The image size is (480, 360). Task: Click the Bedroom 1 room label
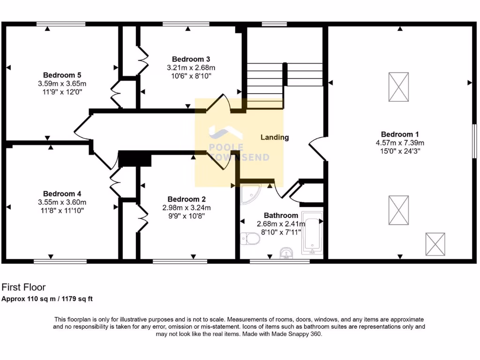click(400, 134)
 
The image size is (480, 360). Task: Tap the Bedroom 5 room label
click(62, 75)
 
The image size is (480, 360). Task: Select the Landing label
click(275, 137)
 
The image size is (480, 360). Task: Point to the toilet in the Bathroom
click(250, 239)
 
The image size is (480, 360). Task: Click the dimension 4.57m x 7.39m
click(400, 142)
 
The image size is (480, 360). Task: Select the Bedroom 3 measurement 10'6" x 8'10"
click(191, 75)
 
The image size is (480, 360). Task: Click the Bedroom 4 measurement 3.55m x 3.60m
click(62, 202)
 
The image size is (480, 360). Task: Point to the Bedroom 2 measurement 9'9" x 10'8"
click(187, 216)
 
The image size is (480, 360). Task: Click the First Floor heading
click(24, 287)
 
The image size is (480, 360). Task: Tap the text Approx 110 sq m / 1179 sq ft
click(50, 299)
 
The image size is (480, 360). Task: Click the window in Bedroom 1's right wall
click(474, 141)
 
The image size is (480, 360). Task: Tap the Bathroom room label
click(281, 215)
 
